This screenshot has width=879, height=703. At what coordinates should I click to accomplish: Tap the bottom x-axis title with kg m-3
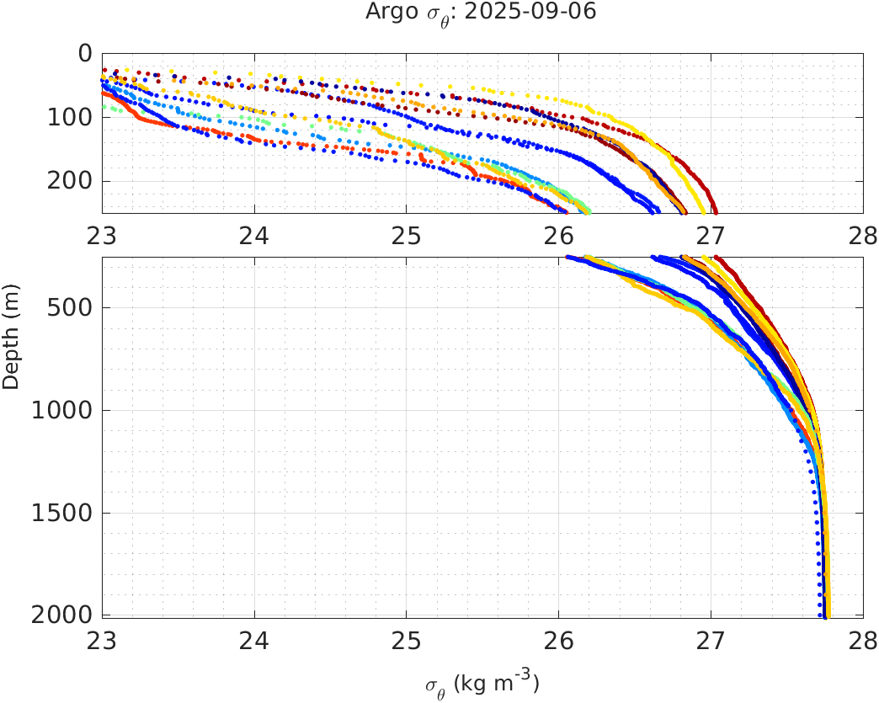tap(482, 683)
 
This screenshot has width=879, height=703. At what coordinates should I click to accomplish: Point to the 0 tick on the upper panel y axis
tap(85, 54)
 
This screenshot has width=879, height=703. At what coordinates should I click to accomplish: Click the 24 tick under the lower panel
tap(254, 641)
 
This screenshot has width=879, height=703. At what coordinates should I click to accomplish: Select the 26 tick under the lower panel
tap(559, 641)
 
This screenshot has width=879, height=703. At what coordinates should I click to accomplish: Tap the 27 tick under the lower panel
tap(711, 641)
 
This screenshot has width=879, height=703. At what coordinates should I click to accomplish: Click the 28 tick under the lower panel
tap(862, 641)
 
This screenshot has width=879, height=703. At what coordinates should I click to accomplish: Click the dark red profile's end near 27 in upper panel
tap(715, 210)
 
